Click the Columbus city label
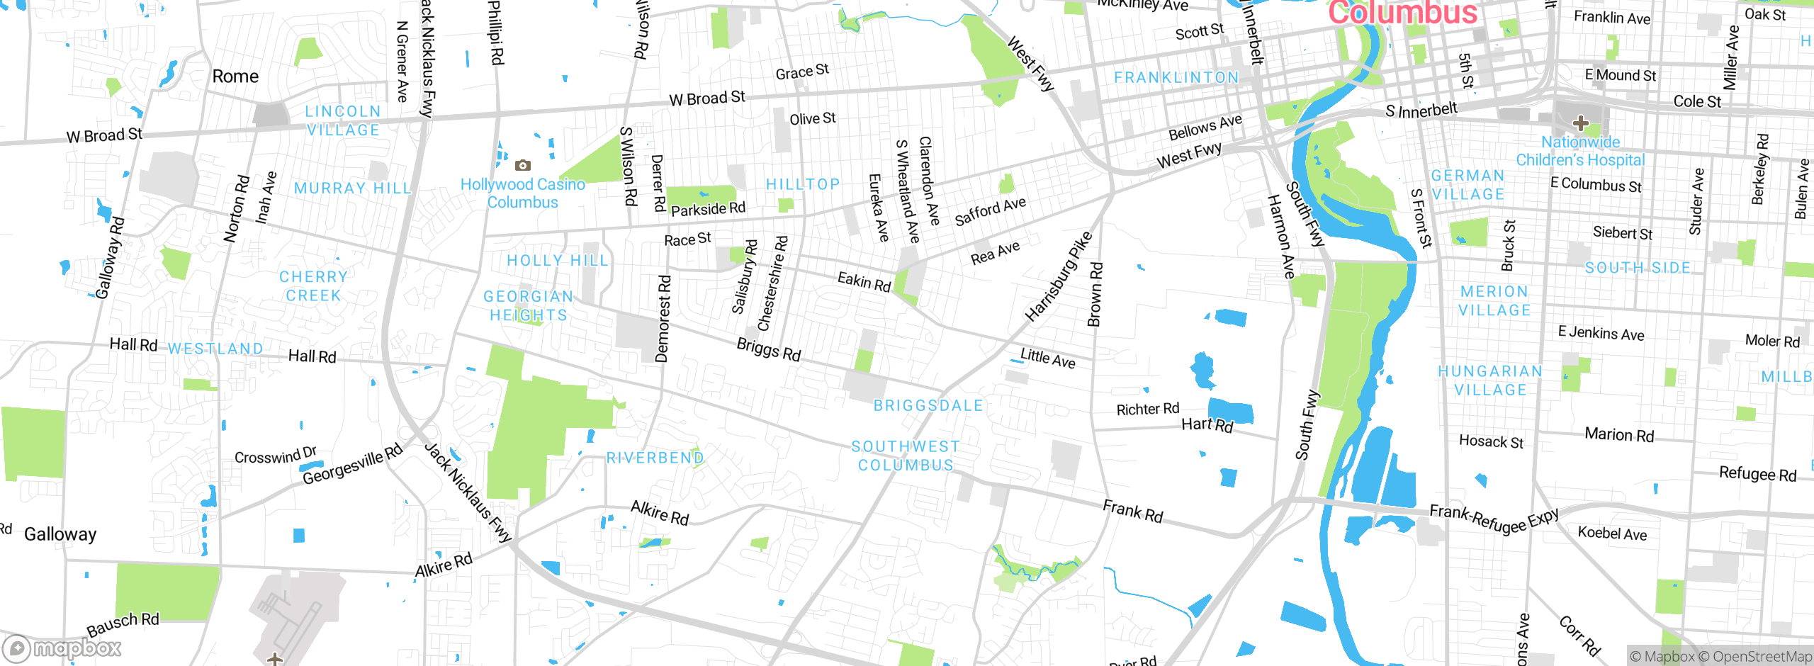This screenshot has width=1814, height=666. coord(1402,13)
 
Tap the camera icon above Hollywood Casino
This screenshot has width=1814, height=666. coord(523,165)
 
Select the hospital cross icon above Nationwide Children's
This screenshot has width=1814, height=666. coord(1579,124)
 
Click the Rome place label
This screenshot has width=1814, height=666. coord(235,77)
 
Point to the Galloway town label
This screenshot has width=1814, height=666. coord(60,534)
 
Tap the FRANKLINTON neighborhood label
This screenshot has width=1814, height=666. coord(1176,78)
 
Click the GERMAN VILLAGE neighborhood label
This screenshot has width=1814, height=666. coord(1467,185)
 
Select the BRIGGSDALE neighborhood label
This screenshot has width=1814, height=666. coord(928,406)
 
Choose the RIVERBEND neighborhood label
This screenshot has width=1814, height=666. coord(655,458)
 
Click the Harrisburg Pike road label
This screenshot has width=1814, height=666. coord(1059,276)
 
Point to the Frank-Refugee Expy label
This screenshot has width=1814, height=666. coord(1494,519)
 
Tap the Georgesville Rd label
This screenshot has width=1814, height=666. coord(352,465)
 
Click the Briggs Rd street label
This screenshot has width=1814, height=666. coord(769,349)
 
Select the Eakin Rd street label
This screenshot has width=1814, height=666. coord(864,281)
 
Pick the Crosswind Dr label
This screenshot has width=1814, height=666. coord(276,456)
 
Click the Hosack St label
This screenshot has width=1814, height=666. coord(1491,442)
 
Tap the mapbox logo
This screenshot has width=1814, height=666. coord(62,648)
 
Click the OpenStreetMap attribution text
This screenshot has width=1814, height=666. coord(1762,657)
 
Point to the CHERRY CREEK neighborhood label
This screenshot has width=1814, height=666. coord(313,286)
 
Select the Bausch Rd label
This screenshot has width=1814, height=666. coord(123,624)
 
